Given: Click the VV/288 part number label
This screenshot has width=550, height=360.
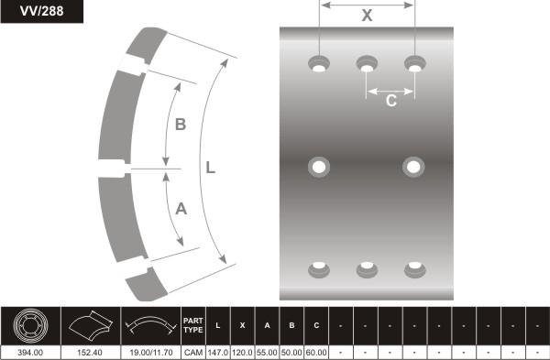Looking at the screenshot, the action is point(42,11).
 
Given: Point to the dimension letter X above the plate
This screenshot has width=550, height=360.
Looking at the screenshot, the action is point(367,16).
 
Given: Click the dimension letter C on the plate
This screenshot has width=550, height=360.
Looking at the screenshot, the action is point(391,101).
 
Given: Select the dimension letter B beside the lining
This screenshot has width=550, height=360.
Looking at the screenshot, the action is point(181,125).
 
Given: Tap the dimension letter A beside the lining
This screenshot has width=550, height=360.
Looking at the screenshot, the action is point(181,209).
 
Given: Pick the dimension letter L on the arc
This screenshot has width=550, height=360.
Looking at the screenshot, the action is point(211,168).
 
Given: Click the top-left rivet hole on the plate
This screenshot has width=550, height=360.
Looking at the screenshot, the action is point(319,64).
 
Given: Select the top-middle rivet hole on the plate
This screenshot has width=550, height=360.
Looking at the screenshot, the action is point(367,64).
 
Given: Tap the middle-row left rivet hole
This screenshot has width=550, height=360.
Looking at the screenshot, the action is point(319,167).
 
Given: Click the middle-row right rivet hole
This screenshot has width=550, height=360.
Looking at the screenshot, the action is point(413,167).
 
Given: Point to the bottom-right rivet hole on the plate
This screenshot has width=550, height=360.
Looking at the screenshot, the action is point(415,269).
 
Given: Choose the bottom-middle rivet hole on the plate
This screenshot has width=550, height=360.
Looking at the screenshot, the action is point(367,269).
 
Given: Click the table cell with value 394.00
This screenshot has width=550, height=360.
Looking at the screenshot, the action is point(30,353).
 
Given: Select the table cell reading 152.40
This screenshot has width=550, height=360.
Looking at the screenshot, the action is point(91,353).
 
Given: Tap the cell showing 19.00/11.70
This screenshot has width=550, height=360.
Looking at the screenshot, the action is point(151,353).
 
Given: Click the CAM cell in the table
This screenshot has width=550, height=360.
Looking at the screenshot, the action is point(193,353).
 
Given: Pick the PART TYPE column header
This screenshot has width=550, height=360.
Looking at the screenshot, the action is point(193,325).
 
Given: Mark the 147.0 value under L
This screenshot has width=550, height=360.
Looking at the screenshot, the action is point(218,353).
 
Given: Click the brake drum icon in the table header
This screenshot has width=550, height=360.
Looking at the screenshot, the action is point(30,325).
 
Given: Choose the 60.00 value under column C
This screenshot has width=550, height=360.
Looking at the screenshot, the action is point(316,353).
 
